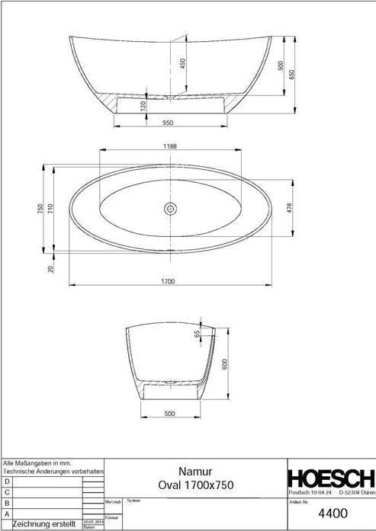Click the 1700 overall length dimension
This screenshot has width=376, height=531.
pyautogui.click(x=168, y=281)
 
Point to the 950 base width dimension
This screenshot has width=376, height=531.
pyautogui.click(x=168, y=121)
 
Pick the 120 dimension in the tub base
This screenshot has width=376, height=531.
pyautogui.click(x=143, y=105)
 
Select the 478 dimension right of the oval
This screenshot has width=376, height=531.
pyautogui.click(x=289, y=207)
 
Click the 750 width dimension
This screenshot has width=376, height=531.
pyautogui.click(x=41, y=208)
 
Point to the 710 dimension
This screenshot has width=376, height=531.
pyautogui.click(x=51, y=207)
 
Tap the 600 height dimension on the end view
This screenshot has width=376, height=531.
pyautogui.click(x=225, y=365)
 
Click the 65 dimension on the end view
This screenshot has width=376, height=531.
pyautogui.click(x=197, y=334)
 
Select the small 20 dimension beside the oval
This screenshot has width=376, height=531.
pyautogui.click(x=51, y=268)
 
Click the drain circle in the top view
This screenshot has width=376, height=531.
pyautogui.click(x=169, y=206)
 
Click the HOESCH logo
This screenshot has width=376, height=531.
pyautogui.click(x=330, y=478)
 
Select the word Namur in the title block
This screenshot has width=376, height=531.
pyautogui.click(x=194, y=472)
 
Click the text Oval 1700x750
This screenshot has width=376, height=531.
pyautogui.click(x=194, y=485)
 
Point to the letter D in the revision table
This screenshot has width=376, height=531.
pyautogui.click(x=7, y=481)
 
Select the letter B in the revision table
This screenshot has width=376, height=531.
pyautogui.click(x=7, y=503)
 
